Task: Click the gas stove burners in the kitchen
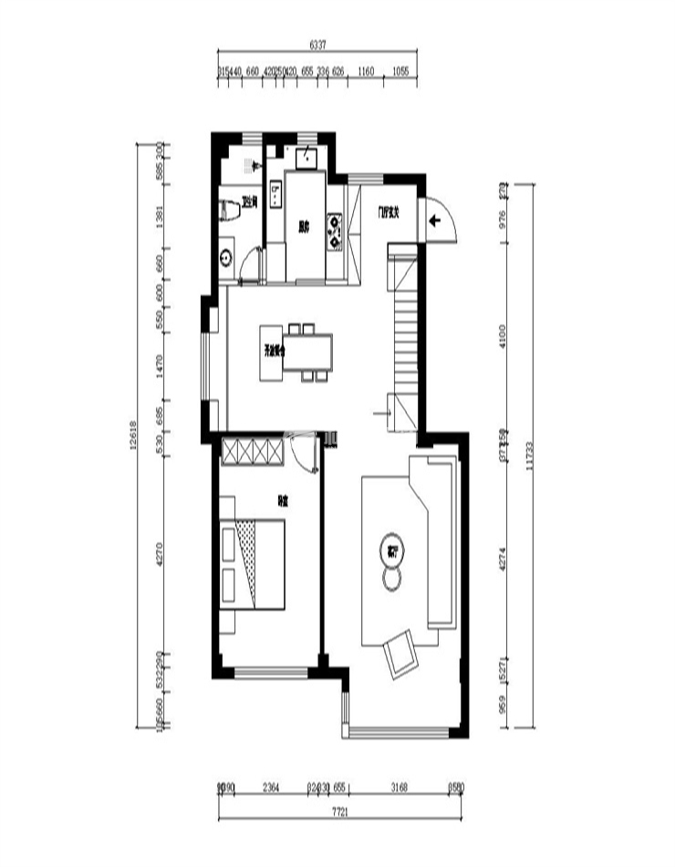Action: tap(336, 231)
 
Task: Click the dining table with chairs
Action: tap(306, 350)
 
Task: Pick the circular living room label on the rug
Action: tap(393, 551)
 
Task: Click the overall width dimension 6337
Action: tap(317, 44)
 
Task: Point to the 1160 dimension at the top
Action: tap(366, 70)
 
